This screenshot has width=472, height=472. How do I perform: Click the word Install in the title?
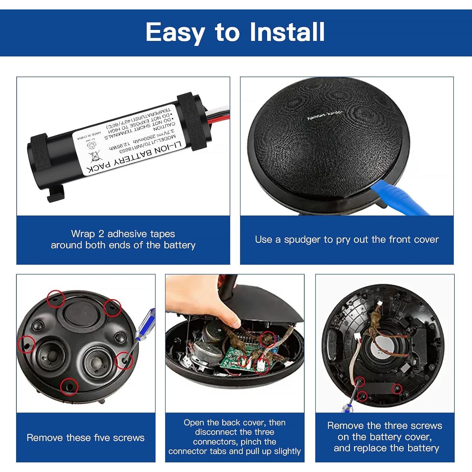pyautogui.click(x=287, y=32)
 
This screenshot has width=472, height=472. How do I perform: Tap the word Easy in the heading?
pyautogui.click(x=175, y=33)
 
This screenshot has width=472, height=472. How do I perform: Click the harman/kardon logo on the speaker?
pyautogui.click(x=325, y=115)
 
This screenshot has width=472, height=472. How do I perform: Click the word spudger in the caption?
pyautogui.click(x=307, y=240)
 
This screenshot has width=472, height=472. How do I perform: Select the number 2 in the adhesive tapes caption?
pyautogui.click(x=101, y=234)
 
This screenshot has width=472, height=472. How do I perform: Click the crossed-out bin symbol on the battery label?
pyautogui.click(x=95, y=156)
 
